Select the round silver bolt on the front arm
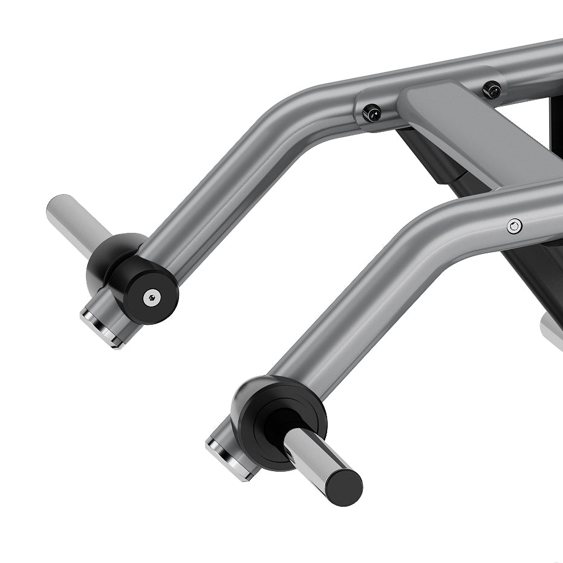click(x=515, y=226)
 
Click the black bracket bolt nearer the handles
click(x=372, y=112)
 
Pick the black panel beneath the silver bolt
click(x=532, y=266)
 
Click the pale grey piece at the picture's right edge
click(x=553, y=330)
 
